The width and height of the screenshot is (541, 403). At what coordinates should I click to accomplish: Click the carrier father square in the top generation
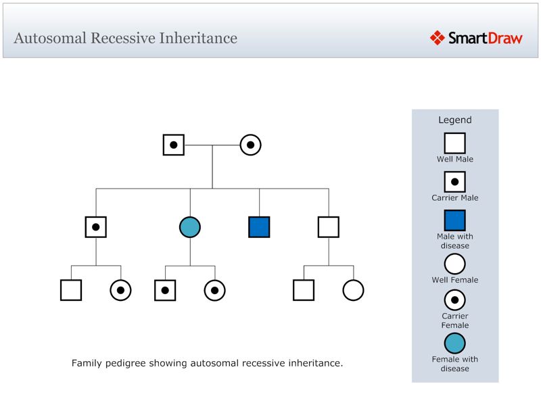point(174,145)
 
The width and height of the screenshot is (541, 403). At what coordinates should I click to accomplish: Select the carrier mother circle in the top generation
point(250,145)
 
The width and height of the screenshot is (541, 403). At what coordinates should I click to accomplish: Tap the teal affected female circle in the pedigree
point(190,227)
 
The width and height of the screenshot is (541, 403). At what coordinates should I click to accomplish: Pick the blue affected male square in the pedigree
point(259,227)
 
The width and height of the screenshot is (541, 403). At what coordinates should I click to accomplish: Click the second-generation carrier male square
point(96,227)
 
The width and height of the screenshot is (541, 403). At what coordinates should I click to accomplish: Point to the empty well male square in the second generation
point(329,227)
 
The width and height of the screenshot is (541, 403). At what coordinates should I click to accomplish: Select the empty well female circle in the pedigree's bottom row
point(353,290)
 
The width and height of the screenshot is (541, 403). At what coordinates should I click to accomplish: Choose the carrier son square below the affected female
point(165,290)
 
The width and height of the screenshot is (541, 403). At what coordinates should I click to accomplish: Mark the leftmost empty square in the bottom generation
point(71,290)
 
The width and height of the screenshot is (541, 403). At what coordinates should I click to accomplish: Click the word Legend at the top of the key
point(455,120)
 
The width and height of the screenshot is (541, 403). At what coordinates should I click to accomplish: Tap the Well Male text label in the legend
point(455,160)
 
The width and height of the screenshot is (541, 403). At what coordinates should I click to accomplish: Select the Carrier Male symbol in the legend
point(455,181)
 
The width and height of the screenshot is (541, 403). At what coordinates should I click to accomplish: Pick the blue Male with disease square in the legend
point(455,220)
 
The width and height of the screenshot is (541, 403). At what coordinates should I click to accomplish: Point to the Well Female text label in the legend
point(455,280)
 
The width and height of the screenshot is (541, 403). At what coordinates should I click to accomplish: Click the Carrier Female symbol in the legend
point(455,300)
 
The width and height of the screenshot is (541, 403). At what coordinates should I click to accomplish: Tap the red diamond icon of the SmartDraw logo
point(437,38)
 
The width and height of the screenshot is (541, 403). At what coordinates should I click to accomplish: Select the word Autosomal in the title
point(49,38)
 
